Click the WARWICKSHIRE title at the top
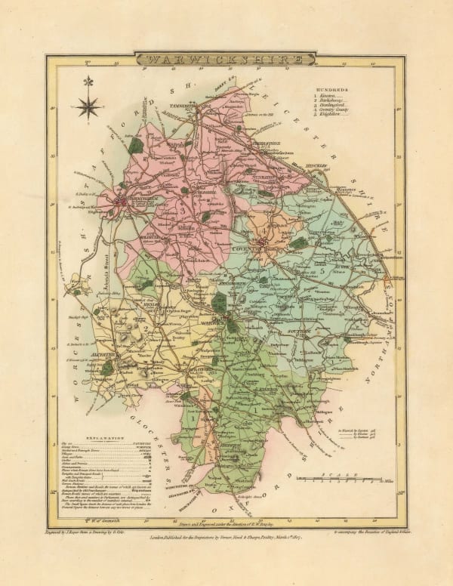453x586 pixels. [226, 59]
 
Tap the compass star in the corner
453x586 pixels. [89, 105]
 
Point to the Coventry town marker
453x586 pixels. [260, 244]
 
